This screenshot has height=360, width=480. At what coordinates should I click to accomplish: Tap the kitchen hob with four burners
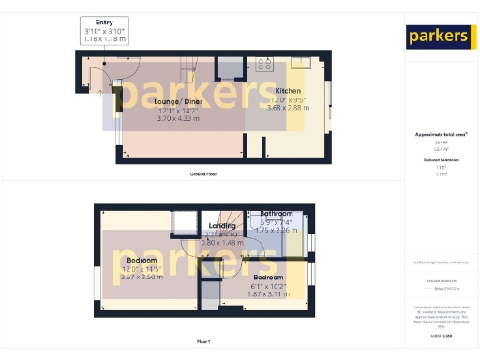click(x=263, y=66)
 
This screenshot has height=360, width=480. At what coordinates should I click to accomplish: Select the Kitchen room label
click(x=288, y=90)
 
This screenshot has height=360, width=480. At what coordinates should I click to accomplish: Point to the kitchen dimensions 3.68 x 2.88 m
click(x=288, y=107)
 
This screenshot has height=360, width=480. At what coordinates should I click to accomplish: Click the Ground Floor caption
click(x=203, y=174)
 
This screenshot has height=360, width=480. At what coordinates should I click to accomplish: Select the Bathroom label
click(x=277, y=214)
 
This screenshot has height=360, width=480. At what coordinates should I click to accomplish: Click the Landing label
click(x=222, y=226)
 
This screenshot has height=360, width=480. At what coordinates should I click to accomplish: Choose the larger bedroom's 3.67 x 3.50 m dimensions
click(x=142, y=278)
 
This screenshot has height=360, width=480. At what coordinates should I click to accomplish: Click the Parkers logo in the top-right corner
click(x=438, y=37)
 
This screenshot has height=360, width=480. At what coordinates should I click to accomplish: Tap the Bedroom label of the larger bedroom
click(x=142, y=260)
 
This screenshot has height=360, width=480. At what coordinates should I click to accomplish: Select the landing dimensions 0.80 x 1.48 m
click(x=223, y=242)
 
